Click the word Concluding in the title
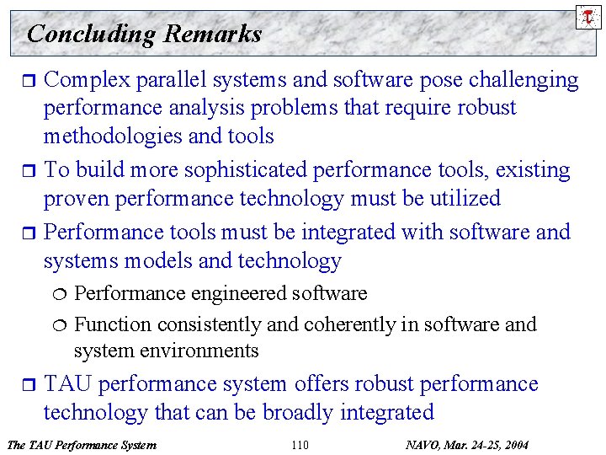tap(92, 34)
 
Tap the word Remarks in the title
tap(213, 34)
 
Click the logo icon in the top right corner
tap(589, 16)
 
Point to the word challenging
tap(525, 80)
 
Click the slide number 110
tap(299, 445)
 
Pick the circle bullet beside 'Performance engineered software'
tap(58, 294)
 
